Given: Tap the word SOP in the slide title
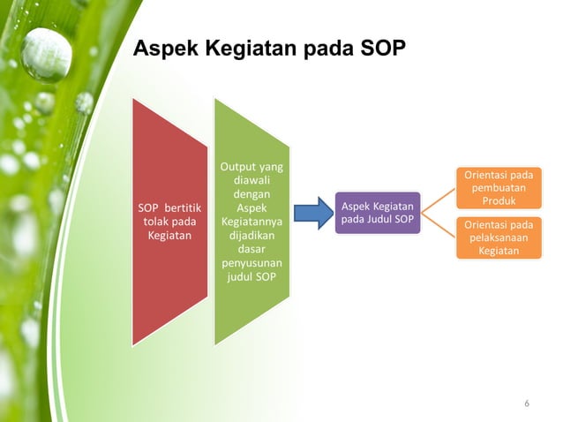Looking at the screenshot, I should click(385, 49).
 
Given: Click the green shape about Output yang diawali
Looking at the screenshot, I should click(252, 222).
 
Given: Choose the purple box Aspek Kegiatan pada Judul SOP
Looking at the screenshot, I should click(378, 213).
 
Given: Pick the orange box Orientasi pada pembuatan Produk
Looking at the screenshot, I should click(499, 188).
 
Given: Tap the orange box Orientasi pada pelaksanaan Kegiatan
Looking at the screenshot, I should click(499, 237).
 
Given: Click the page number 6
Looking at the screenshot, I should click(527, 403).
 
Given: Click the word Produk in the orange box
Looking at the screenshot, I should click(499, 201).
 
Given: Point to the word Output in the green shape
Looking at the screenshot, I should click(234, 165).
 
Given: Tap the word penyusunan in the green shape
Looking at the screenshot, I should click(252, 264).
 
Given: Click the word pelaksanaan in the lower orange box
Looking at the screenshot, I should click(499, 237).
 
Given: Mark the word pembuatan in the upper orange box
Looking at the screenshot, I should click(499, 188).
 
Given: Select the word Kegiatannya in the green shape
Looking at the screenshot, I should click(252, 222).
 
